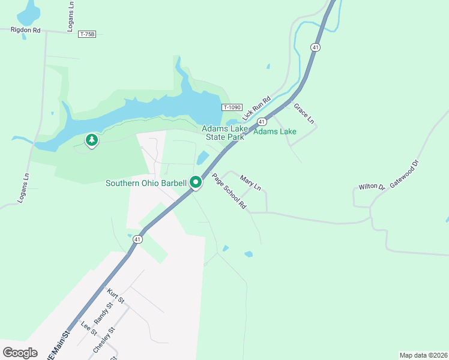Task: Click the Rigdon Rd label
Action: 25,29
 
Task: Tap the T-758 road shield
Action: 87,34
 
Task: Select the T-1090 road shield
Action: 231,107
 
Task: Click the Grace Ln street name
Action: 304,113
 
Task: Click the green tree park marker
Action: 91,140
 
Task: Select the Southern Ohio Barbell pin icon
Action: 196,182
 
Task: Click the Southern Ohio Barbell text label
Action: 147,183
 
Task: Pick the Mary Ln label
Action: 250,183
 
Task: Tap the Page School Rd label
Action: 229,191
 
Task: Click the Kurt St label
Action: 115,296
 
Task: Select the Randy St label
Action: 104,313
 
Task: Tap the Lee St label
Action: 89,329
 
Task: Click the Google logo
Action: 20,352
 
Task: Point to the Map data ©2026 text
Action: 423,355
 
